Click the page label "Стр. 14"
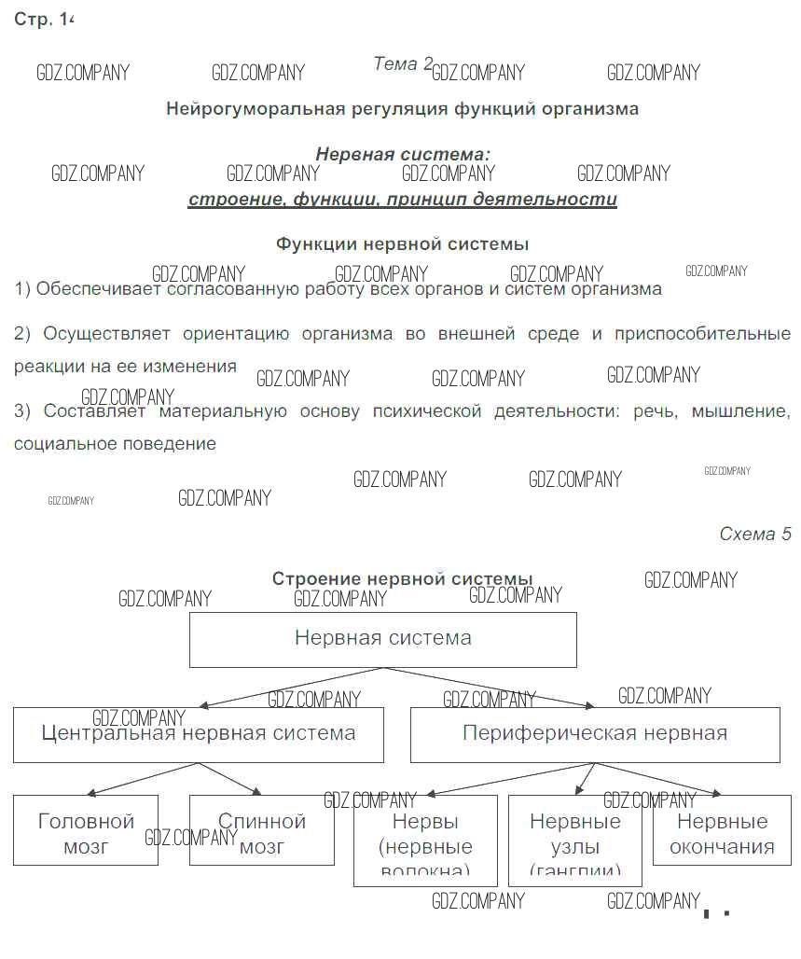click(43, 20)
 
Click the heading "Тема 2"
click(403, 63)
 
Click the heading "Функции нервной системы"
click(402, 243)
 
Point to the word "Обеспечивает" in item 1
click(98, 289)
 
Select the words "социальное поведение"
click(115, 444)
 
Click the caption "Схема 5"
click(754, 535)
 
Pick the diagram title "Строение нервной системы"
click(402, 579)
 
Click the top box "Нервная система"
click(382, 639)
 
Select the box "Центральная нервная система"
click(199, 734)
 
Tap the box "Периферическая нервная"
click(594, 734)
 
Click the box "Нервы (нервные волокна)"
click(425, 840)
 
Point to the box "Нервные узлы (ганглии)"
click(574, 840)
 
